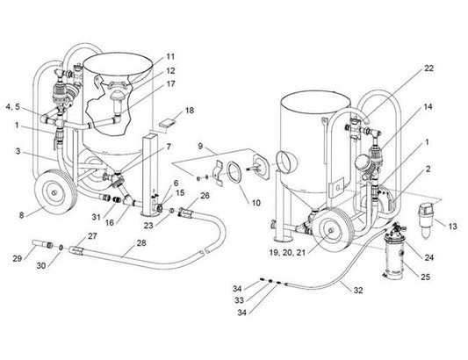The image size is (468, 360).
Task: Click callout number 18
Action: tap(190, 110)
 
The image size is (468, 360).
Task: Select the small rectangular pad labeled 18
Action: tap(167, 123)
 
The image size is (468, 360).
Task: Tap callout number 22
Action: tap(428, 68)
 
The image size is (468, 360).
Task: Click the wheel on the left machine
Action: tap(55, 192)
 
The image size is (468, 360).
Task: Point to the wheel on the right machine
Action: tap(332, 230)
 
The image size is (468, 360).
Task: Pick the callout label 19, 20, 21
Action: tap(287, 253)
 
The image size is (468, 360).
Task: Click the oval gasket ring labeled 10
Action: tap(234, 171)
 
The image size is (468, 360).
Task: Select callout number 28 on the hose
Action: tap(141, 243)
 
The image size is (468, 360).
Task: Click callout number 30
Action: tap(41, 265)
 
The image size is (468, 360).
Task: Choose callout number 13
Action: tap(452, 227)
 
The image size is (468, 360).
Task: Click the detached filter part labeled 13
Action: tap(426, 217)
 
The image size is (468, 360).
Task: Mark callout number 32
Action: tap(358, 290)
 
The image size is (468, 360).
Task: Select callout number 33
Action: tap(239, 300)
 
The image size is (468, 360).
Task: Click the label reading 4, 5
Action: tap(13, 107)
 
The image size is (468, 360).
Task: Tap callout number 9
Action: tap(200, 146)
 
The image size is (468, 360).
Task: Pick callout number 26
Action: tap(205, 196)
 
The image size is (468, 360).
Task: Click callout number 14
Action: tap(428, 106)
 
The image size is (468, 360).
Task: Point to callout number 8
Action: tap(21, 215)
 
